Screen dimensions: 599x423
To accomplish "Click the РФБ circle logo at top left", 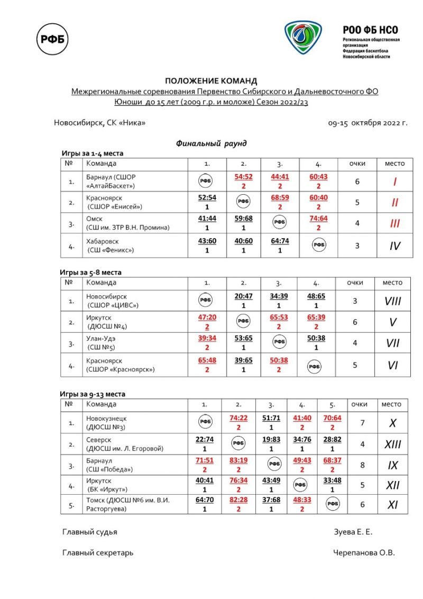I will click(x=53, y=38).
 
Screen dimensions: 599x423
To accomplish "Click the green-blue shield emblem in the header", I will click(x=303, y=40).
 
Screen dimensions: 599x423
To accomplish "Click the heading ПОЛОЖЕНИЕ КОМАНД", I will click(x=211, y=81).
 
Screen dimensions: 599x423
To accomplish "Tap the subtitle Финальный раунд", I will click(x=211, y=143).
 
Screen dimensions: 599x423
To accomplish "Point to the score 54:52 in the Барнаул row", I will click(x=244, y=177).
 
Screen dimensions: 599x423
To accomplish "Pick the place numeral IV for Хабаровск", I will click(x=394, y=246).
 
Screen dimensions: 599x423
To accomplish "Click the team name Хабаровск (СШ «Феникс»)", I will click(x=110, y=246).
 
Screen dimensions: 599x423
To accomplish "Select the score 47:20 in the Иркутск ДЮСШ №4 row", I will click(x=207, y=317).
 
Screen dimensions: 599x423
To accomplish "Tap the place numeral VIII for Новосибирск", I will click(x=393, y=301).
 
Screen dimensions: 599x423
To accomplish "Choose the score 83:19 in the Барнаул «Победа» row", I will click(x=238, y=461).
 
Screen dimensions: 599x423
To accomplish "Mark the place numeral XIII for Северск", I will click(x=392, y=444).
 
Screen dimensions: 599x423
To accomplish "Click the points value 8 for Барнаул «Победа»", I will click(x=363, y=465).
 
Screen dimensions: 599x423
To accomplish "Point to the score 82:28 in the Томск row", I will click(x=238, y=501).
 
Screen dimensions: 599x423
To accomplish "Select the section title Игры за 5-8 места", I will click(x=90, y=273).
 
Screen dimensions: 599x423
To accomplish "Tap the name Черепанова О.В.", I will click(x=364, y=553).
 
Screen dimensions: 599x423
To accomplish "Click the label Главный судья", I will click(x=90, y=532).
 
